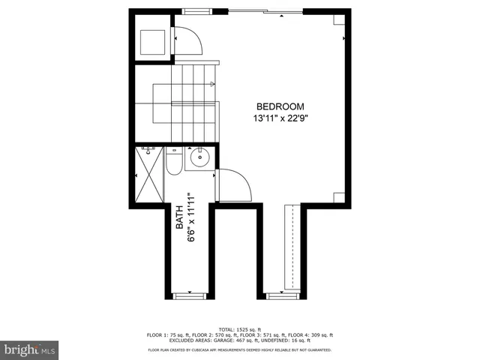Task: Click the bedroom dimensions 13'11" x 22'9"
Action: pyautogui.click(x=280, y=118)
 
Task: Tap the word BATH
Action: pyautogui.click(x=179, y=217)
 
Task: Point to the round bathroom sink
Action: pyautogui.click(x=199, y=159)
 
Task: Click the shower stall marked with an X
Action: pyautogui.click(x=149, y=173)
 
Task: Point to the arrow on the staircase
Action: pyautogui.click(x=213, y=84)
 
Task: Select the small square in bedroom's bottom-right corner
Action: pyautogui.click(x=339, y=197)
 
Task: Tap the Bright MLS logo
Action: pyautogui.click(x=30, y=349)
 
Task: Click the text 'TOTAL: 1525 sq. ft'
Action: pyautogui.click(x=240, y=329)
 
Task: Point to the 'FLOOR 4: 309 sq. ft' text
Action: pyautogui.click(x=313, y=335)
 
